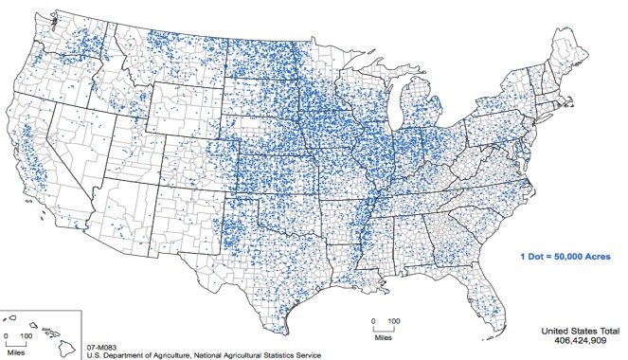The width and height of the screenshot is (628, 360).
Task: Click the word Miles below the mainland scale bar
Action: (x=382, y=335)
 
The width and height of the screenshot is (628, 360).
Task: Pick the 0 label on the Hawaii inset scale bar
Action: (x=7, y=335)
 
